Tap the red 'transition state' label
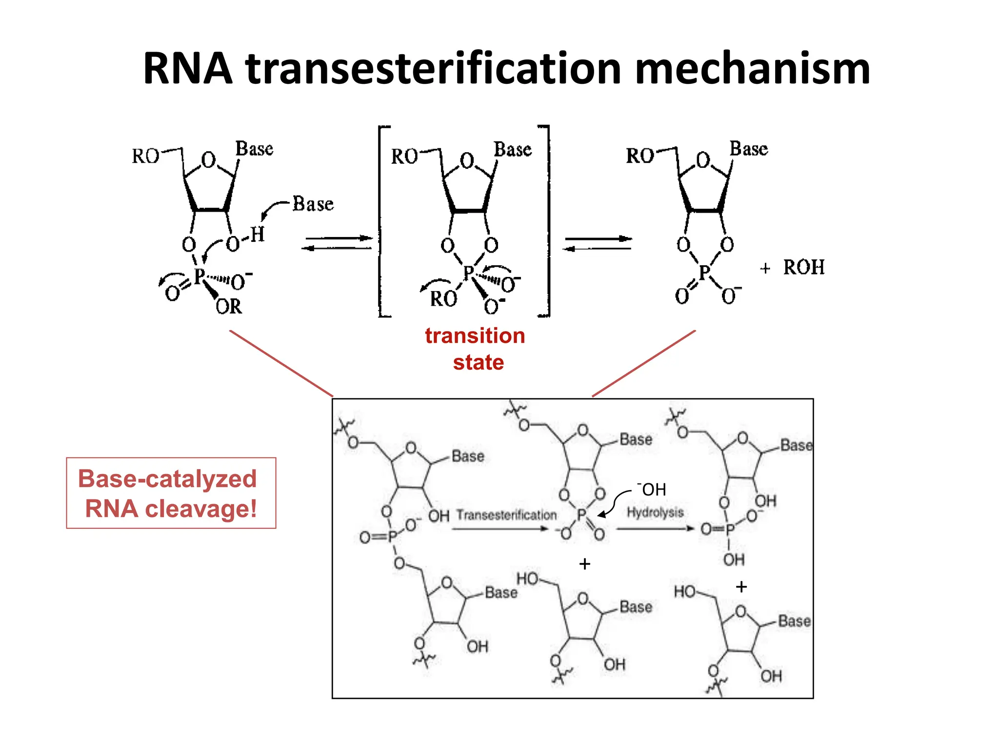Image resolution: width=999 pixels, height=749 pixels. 476,349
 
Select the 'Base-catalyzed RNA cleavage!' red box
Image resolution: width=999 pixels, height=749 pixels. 171,493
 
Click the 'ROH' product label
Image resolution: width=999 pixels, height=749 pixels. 804,267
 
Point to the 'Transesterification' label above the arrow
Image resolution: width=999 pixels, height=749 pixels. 506,515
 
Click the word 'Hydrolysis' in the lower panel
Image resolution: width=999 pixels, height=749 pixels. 655,512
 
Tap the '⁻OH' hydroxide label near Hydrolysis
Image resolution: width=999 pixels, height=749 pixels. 652,489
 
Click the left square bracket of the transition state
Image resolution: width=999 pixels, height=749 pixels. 381,222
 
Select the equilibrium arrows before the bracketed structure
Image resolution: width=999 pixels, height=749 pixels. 338,243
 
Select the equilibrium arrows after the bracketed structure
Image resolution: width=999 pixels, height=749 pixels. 598,243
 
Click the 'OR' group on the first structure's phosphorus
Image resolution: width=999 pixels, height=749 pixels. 229,307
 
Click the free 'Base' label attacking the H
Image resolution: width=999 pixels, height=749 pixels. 313,204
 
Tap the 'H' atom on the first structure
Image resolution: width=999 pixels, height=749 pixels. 258,235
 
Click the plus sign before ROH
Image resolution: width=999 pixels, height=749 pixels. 765,268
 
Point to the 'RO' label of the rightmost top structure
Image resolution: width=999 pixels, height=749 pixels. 639,156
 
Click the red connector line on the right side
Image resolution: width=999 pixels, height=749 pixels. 644,363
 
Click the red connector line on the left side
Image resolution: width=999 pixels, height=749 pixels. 281,363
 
